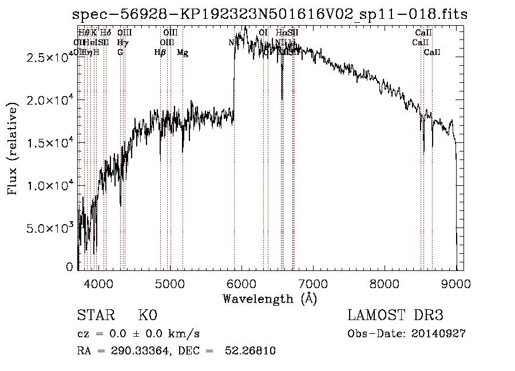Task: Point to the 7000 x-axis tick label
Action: coord(313,282)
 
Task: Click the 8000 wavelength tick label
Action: coord(385,282)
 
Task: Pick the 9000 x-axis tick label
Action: coord(456,282)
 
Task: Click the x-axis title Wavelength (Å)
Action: coord(270,298)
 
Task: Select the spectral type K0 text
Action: coord(147,316)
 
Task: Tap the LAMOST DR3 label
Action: coord(395,316)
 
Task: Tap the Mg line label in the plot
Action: coord(183,53)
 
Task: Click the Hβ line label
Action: coord(160,53)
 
